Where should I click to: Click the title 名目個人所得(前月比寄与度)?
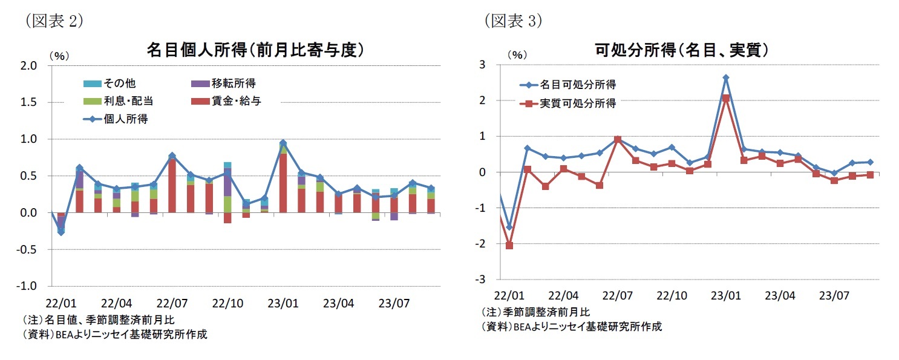click(255, 50)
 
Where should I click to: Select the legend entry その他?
click(118, 83)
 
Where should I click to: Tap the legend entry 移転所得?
click(233, 83)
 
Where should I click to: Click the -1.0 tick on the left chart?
click(28, 286)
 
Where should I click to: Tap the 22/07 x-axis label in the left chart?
click(172, 301)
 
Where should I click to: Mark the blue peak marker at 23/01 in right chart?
click(726, 77)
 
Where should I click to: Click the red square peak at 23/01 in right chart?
click(726, 98)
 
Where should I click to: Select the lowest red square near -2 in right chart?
click(509, 246)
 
